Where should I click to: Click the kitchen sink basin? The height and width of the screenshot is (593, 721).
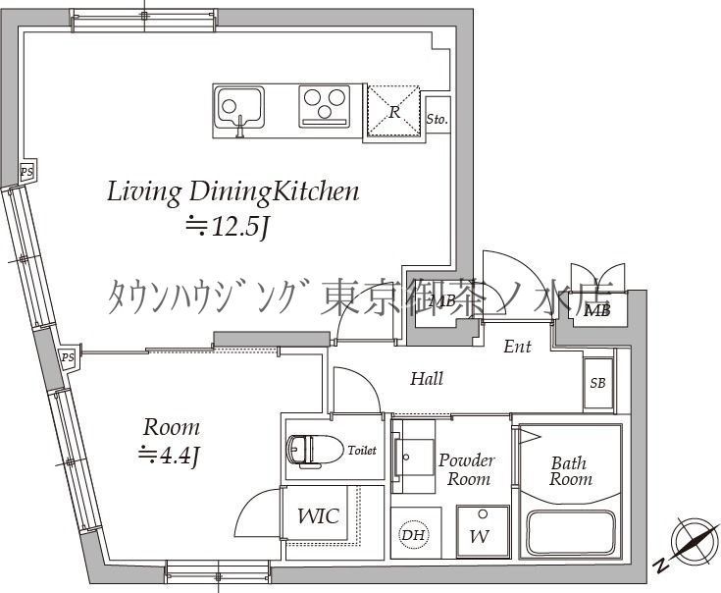[238, 105]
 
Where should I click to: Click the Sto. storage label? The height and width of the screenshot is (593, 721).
[437, 119]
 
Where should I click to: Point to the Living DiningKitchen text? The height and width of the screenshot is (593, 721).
[232, 190]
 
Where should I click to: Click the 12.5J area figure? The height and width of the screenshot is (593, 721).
[228, 227]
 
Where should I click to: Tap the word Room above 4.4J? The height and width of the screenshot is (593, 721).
[172, 427]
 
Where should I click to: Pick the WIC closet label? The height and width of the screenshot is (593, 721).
[318, 514]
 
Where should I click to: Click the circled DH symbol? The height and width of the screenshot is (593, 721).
[411, 535]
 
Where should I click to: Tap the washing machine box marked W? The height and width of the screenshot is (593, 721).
[480, 535]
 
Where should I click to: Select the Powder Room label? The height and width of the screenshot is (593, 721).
[466, 469]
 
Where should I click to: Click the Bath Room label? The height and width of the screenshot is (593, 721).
[570, 470]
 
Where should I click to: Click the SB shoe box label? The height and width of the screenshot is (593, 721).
[596, 382]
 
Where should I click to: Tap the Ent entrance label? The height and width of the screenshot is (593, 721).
[517, 347]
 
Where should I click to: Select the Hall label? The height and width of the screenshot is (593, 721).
[427, 378]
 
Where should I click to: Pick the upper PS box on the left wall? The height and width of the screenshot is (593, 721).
[27, 172]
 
